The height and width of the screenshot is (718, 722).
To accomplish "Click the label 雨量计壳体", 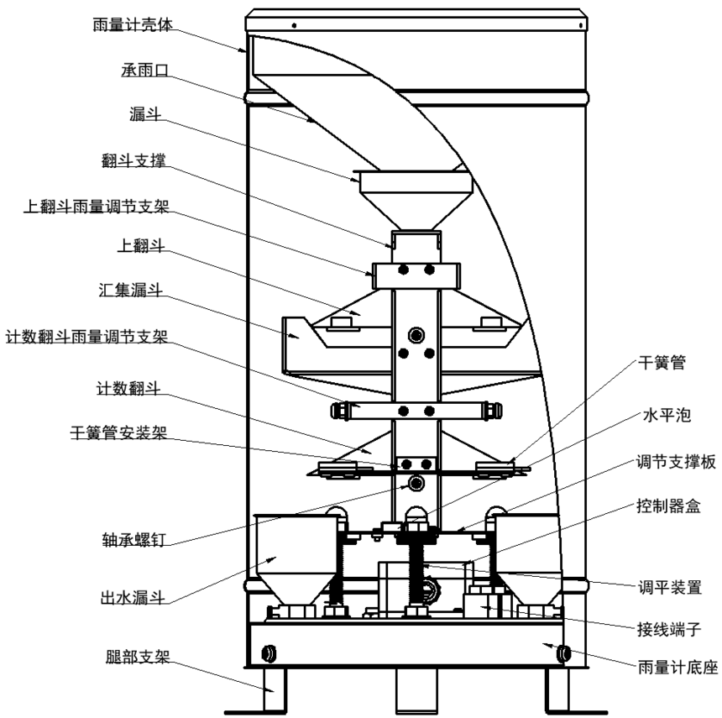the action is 133,24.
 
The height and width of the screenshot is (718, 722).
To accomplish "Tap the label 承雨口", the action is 145,70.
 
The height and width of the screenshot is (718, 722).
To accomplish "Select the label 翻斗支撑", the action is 133,160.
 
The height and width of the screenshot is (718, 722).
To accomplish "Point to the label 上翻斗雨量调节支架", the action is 97,207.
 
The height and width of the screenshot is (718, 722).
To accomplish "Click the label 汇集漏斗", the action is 131,291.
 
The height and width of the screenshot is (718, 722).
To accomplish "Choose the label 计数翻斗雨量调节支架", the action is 86,337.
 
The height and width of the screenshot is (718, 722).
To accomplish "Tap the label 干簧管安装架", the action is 118,432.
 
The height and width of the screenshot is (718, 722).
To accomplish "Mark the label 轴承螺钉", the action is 133,539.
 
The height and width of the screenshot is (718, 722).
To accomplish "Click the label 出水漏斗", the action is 133,598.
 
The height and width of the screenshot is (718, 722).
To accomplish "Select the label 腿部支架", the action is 138,657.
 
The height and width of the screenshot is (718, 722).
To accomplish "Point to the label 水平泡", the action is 667,415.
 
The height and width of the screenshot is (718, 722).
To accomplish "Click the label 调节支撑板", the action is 676,462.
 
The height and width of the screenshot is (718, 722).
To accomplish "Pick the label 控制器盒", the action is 668,506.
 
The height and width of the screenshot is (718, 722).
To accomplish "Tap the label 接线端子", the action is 669,629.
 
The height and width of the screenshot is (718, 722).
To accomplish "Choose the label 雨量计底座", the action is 678,667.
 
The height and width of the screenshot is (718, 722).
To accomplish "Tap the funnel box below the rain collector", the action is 416,200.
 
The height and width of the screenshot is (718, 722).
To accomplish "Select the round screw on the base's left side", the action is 269,653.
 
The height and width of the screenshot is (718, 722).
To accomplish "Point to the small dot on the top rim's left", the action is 294,25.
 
